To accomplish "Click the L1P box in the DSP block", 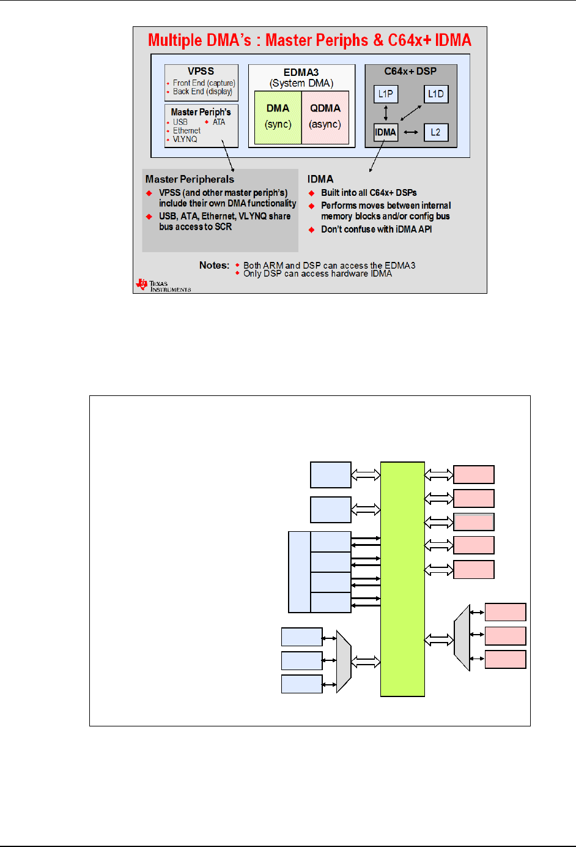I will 385,94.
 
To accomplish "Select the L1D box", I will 436,94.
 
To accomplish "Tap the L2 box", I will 435,132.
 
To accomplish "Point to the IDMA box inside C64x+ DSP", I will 385,132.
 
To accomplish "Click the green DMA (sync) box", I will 278,117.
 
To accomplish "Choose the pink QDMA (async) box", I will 325,117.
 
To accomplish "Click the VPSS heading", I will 201,71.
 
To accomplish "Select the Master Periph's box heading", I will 201,112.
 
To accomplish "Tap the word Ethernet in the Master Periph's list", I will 186,130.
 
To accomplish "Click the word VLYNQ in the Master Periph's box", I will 185,139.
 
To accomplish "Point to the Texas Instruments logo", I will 163,285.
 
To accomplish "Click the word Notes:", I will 214,265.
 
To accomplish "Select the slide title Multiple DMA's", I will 309,40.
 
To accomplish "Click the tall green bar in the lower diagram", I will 402,578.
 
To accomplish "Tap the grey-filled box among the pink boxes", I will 474,522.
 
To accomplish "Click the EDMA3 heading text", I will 301,72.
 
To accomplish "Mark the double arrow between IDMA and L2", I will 411,132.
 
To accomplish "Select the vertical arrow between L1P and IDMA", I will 385,113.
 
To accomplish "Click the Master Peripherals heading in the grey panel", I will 190,179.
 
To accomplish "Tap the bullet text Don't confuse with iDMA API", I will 376,229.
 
